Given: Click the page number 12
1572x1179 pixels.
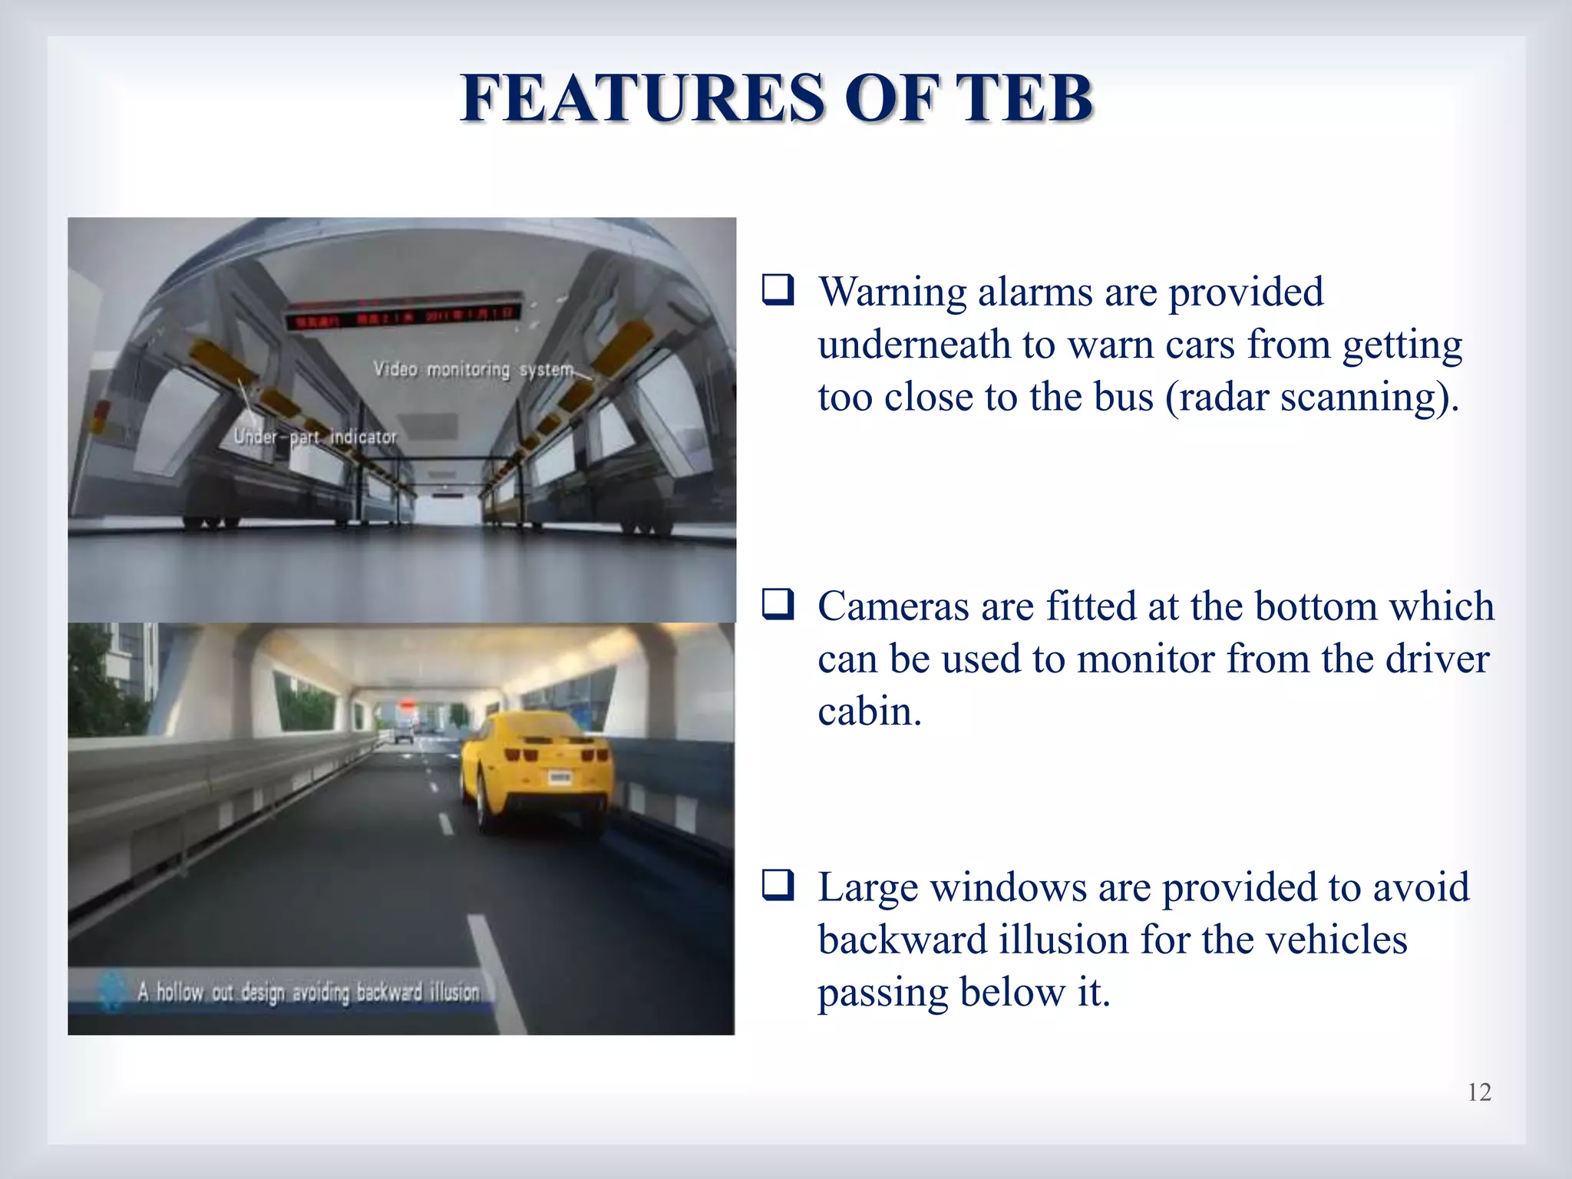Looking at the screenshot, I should (x=1479, y=1091).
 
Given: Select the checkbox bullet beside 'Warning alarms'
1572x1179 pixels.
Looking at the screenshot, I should (x=778, y=291).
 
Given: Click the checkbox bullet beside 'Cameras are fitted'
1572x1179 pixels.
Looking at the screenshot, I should (x=778, y=605).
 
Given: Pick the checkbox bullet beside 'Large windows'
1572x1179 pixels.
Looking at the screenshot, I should (x=778, y=886).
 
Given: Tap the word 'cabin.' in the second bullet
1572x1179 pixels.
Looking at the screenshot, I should (x=869, y=712).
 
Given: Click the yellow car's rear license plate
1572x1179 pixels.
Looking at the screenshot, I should (x=560, y=778).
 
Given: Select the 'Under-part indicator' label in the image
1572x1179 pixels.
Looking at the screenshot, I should (x=315, y=437).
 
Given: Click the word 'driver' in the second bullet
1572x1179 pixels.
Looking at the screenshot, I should (x=1439, y=659).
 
